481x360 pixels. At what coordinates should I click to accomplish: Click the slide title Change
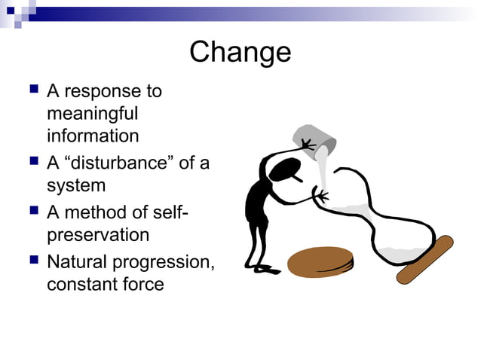click(240, 52)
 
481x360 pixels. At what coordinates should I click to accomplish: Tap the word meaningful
click(92, 114)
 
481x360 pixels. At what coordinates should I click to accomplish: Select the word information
click(93, 136)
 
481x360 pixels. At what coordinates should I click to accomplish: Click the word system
click(76, 185)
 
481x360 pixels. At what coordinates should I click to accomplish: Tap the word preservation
click(98, 235)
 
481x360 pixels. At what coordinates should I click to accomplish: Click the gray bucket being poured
click(317, 138)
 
